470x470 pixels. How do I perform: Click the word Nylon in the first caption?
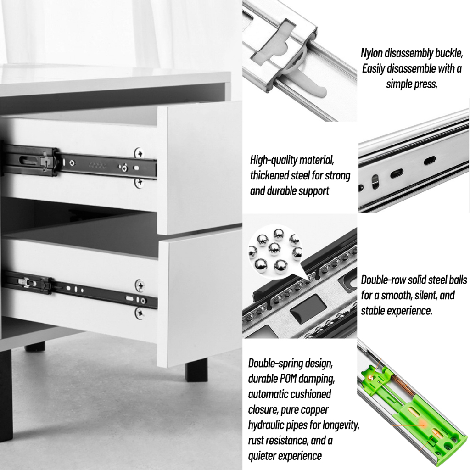coord(372,53)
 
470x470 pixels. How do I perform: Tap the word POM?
coord(288,379)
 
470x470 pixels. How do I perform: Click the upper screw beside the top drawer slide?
coord(139,153)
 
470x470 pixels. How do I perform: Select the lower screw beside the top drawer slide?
coord(139,182)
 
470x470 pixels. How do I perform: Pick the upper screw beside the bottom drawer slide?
coord(140,285)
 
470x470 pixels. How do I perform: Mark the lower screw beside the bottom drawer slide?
coord(140,313)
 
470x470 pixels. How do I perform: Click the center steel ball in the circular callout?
coord(274,248)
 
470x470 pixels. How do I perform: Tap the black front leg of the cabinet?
coord(196,370)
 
